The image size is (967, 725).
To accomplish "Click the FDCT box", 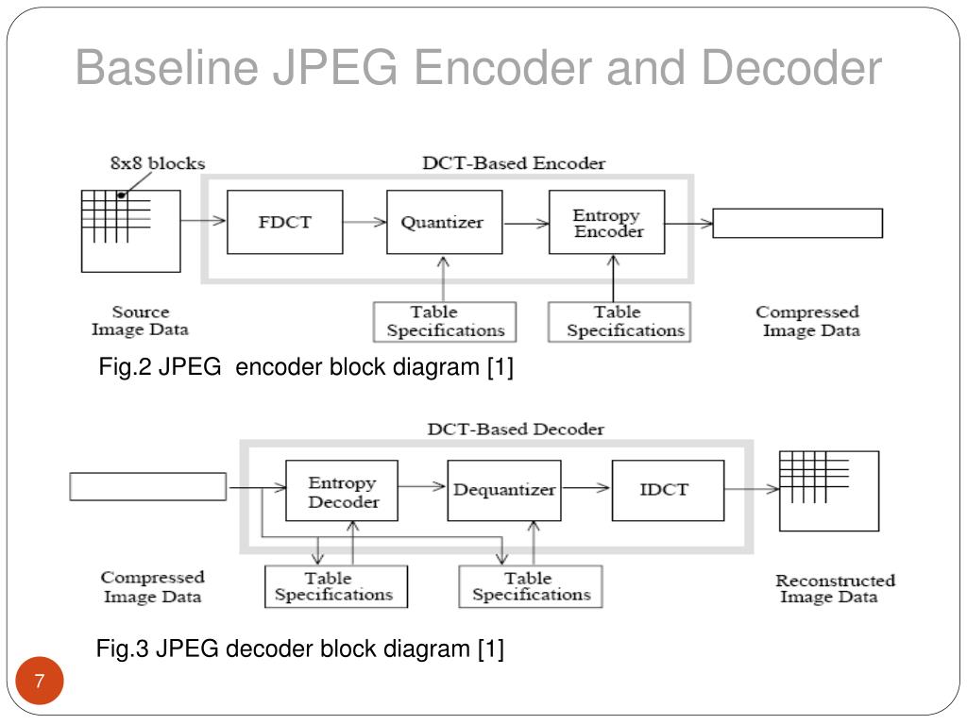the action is (285, 222).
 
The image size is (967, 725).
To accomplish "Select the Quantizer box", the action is (444, 222).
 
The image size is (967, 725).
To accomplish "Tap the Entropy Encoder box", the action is (607, 222).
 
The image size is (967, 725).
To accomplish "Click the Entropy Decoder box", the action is (342, 491).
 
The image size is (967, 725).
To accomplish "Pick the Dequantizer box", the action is (504, 491).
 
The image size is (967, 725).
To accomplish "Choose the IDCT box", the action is (668, 491).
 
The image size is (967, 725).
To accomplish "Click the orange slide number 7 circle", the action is (40, 681).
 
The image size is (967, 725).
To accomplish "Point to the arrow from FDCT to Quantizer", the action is (365, 222).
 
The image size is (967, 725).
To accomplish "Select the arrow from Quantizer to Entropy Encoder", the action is (526, 223).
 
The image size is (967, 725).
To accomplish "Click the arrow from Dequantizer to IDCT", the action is (586, 488).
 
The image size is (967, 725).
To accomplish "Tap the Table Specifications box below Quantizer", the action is (445, 322).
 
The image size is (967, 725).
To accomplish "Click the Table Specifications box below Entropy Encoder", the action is (619, 322).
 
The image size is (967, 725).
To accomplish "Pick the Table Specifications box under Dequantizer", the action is (531, 587).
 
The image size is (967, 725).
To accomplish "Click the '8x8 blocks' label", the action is (158, 163).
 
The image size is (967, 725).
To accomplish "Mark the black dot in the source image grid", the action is (121, 195).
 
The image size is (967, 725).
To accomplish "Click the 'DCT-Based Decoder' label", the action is (516, 430).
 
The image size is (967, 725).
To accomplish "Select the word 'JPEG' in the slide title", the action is (335, 67).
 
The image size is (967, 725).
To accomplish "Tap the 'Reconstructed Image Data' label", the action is (835, 589).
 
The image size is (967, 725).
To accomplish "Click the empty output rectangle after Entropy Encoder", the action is (797, 223).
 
